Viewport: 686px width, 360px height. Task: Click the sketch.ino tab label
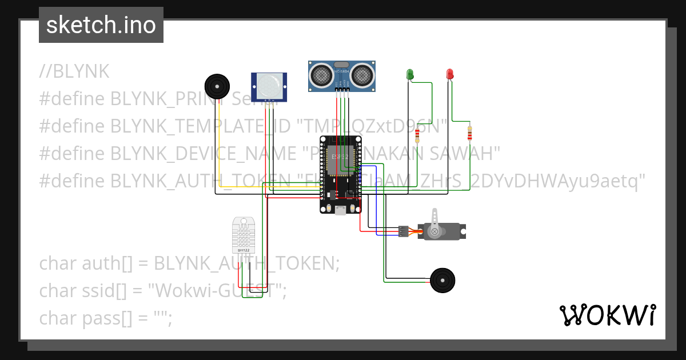(101, 25)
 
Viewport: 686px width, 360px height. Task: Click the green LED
(410, 74)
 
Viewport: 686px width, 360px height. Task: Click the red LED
(450, 74)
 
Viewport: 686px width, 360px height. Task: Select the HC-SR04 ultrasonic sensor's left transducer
(321, 74)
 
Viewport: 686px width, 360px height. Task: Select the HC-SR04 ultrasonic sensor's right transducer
(362, 74)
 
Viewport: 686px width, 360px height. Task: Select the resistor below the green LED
(417, 136)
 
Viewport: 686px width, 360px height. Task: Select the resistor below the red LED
(470, 133)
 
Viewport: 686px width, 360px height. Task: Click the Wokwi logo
(607, 315)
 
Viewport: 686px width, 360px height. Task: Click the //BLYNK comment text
(74, 71)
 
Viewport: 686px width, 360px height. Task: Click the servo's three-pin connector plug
(404, 231)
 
